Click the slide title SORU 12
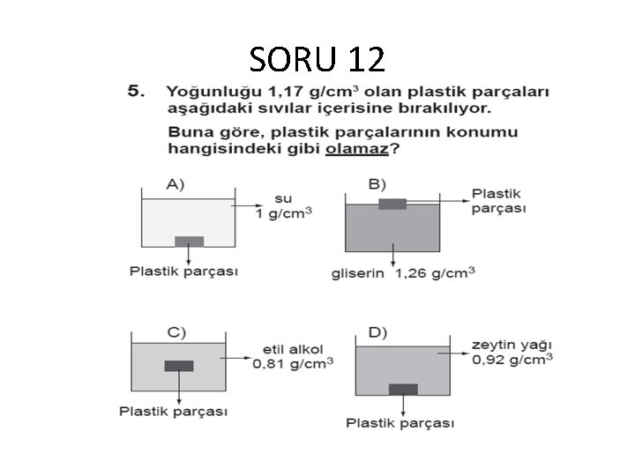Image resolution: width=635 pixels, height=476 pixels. [317, 59]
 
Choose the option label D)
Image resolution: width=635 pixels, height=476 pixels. [377, 332]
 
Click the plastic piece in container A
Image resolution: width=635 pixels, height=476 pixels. [189, 242]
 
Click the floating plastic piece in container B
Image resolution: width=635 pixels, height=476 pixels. [392, 205]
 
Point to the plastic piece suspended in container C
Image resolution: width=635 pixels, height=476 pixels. [179, 366]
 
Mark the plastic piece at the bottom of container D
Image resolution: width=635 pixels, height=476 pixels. [404, 389]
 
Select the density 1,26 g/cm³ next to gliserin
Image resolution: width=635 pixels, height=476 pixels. [435, 272]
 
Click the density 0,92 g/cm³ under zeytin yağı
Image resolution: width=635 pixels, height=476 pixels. [512, 360]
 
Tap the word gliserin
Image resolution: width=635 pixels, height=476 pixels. [357, 273]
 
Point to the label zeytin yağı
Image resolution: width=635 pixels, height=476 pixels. [512, 345]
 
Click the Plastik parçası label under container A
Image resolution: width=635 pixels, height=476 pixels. [183, 271]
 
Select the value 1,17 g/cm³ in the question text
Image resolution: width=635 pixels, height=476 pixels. [301, 92]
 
